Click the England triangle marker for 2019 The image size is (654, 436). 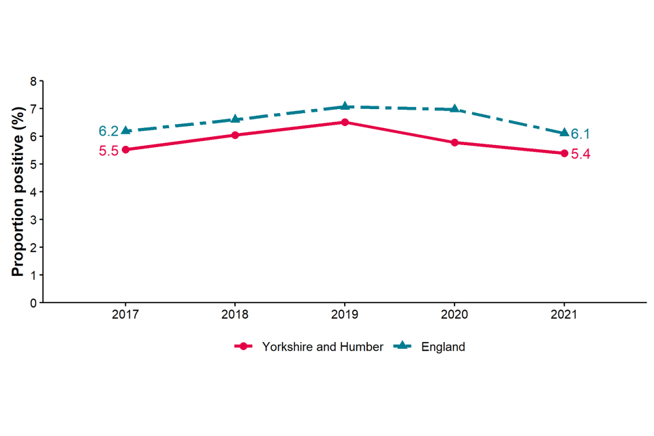pyautogui.click(x=345, y=106)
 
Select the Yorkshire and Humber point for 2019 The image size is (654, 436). pyautogui.click(x=345, y=123)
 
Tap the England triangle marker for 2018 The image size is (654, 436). pyautogui.click(x=235, y=119)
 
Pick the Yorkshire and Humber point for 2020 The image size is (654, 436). pyautogui.click(x=454, y=142)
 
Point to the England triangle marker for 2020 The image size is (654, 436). pyautogui.click(x=454, y=109)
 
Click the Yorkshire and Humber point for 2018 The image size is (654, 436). pyautogui.click(x=235, y=135)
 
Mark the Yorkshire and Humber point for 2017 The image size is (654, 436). pyautogui.click(x=125, y=150)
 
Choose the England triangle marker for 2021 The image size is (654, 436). pyautogui.click(x=564, y=133)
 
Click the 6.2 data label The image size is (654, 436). pyautogui.click(x=108, y=131)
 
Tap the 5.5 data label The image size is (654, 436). pyautogui.click(x=108, y=151)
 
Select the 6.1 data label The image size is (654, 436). pyautogui.click(x=580, y=134)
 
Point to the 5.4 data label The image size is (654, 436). pyautogui.click(x=580, y=155)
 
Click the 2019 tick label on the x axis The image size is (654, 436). pyautogui.click(x=345, y=315)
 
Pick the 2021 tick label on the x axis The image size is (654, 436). pyautogui.click(x=564, y=315)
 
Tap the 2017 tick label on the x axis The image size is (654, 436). pyautogui.click(x=125, y=315)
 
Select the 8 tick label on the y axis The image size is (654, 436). pyautogui.click(x=33, y=81)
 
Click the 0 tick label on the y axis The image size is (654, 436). pyautogui.click(x=33, y=302)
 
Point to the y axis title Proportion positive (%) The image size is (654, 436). pyautogui.click(x=18, y=191)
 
